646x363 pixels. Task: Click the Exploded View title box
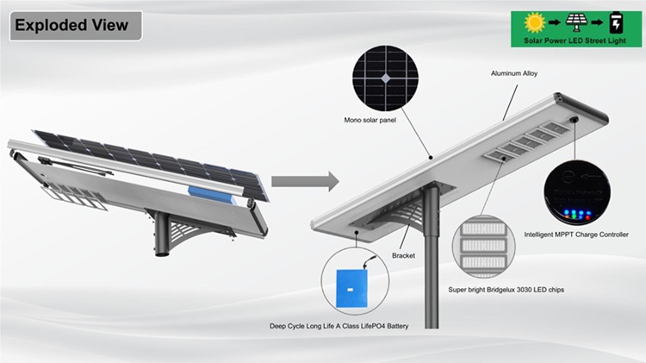(x=76, y=26)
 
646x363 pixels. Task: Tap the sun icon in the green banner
(x=535, y=22)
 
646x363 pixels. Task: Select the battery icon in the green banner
(x=617, y=22)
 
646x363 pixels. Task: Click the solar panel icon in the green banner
(x=576, y=22)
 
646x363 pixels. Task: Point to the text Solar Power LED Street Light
(x=575, y=41)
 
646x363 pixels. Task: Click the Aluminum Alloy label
(x=514, y=73)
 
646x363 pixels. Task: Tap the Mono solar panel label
(x=370, y=120)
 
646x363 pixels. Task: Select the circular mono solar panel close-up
(x=385, y=78)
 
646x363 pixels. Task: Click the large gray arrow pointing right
(x=305, y=181)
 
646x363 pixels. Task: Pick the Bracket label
(x=403, y=256)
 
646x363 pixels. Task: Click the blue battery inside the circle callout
(x=351, y=288)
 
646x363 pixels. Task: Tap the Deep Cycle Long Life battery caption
(x=339, y=326)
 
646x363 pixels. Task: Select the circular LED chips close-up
(x=484, y=247)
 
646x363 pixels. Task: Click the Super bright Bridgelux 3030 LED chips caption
(x=506, y=290)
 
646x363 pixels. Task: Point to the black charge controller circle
(x=577, y=192)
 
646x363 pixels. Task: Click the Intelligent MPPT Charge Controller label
(x=576, y=235)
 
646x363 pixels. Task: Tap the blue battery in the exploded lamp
(x=211, y=195)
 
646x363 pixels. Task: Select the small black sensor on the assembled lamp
(x=574, y=120)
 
